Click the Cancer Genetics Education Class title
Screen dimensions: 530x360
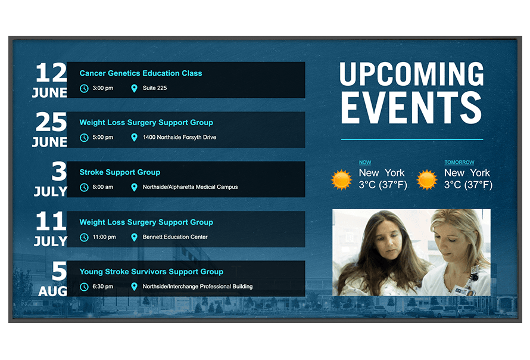click(x=141, y=73)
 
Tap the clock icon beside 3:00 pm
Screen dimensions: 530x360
click(x=84, y=88)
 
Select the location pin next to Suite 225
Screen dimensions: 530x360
click(x=134, y=88)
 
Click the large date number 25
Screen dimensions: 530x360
click(x=51, y=122)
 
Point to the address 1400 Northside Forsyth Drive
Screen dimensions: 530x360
click(x=179, y=137)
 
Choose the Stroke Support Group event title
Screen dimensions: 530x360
click(x=120, y=172)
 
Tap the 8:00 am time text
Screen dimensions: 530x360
click(x=103, y=187)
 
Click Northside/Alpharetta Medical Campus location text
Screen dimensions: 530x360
click(x=191, y=187)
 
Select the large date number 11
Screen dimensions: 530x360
click(x=51, y=221)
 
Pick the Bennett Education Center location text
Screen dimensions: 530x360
click(x=175, y=237)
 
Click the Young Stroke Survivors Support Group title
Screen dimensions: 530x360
click(x=151, y=272)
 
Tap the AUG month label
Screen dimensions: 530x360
click(x=53, y=291)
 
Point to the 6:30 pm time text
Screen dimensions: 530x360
click(x=103, y=286)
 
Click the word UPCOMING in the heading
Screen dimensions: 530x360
click(x=411, y=74)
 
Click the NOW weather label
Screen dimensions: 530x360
click(x=365, y=162)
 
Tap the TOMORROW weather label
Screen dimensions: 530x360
click(x=459, y=162)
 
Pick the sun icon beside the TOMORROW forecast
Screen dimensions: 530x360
click(x=427, y=179)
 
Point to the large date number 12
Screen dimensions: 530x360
click(x=51, y=72)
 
